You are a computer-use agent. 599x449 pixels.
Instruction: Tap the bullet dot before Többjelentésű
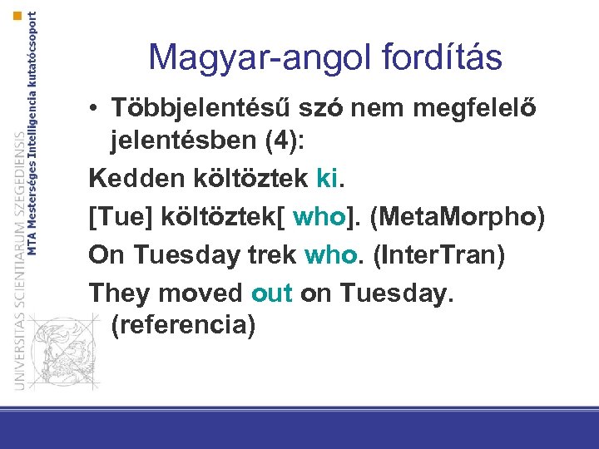click(x=97, y=110)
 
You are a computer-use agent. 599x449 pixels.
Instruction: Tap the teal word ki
click(x=327, y=177)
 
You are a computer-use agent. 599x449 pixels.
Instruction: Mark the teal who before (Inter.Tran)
click(x=331, y=254)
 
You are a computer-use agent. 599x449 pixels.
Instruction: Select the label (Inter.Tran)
click(x=438, y=254)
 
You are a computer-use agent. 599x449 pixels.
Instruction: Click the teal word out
click(x=271, y=293)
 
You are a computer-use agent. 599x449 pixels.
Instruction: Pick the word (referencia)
click(x=181, y=325)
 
